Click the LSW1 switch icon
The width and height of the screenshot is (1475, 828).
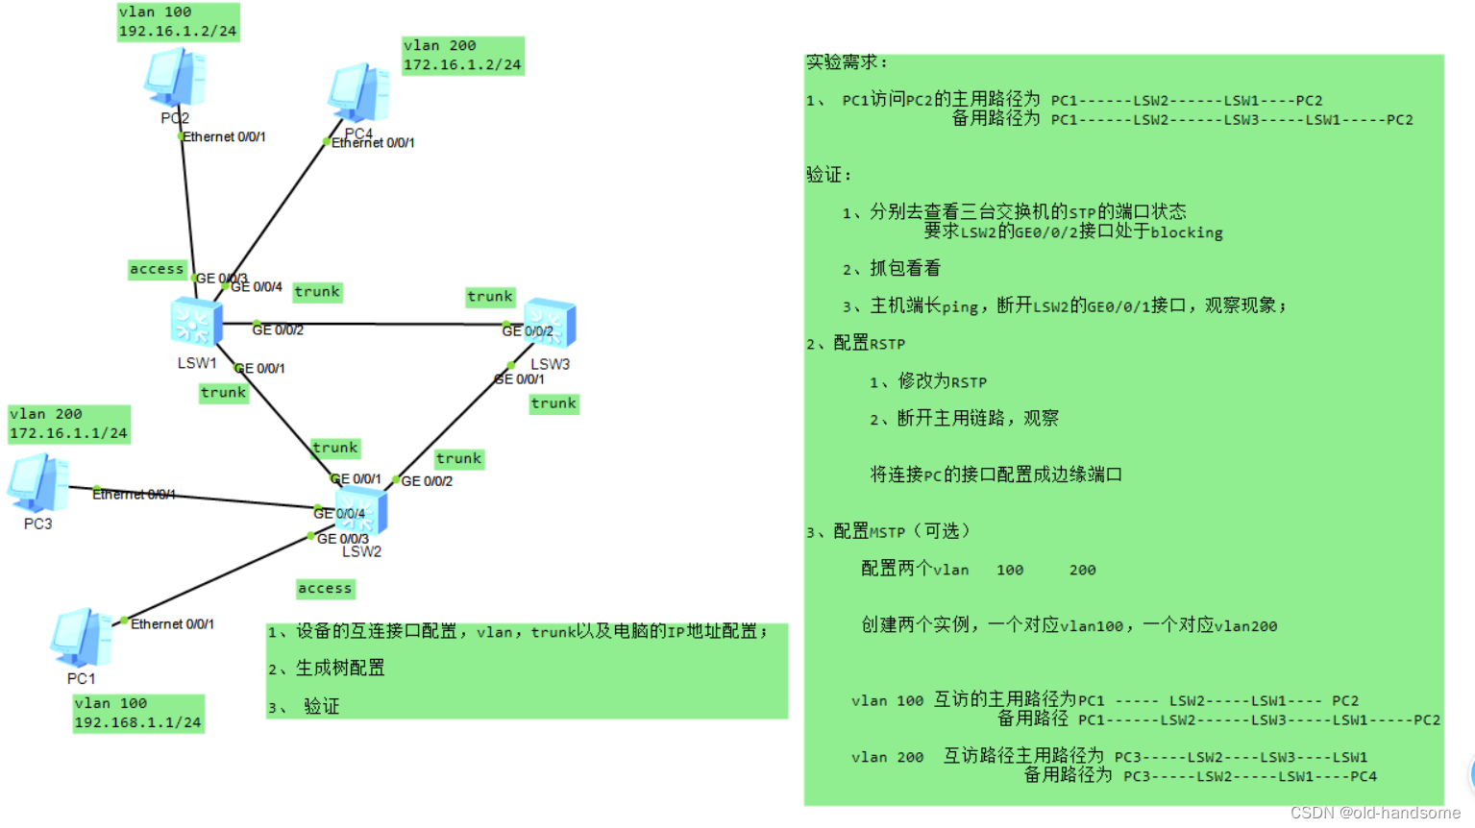(x=196, y=322)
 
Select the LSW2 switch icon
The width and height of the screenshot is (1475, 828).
(x=361, y=510)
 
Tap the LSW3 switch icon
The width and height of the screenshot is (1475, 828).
(x=550, y=323)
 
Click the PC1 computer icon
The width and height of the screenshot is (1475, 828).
(x=82, y=638)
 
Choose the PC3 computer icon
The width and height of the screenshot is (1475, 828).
(x=38, y=483)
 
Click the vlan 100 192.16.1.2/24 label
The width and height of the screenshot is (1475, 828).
(x=178, y=22)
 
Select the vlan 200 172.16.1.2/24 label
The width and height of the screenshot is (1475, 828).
(x=462, y=56)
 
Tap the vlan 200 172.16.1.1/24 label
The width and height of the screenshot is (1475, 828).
(x=68, y=424)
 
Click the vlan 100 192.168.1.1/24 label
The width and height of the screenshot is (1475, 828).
(x=138, y=713)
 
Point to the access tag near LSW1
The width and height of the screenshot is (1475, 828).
(x=157, y=269)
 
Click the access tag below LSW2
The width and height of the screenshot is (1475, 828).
(x=325, y=588)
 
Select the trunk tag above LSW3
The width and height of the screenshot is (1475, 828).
(x=490, y=297)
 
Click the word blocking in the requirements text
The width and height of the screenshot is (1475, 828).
(x=1186, y=232)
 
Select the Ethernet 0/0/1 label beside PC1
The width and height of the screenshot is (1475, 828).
(x=172, y=624)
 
